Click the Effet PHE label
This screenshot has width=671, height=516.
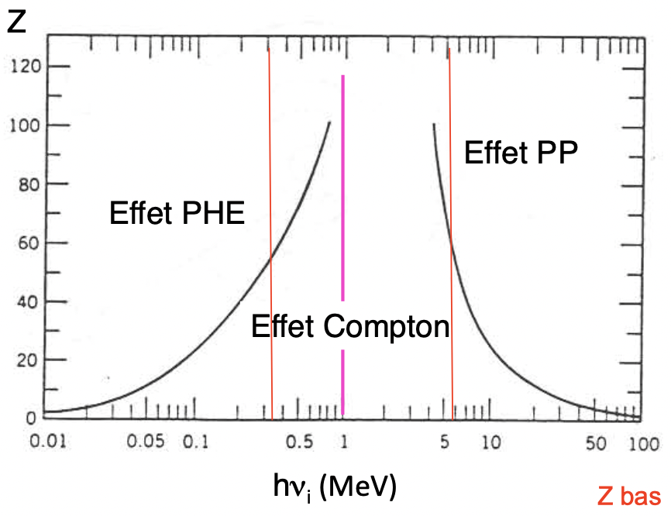click(x=177, y=212)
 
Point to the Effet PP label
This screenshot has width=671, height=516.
click(x=521, y=153)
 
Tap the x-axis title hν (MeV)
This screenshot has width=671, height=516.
click(x=334, y=486)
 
